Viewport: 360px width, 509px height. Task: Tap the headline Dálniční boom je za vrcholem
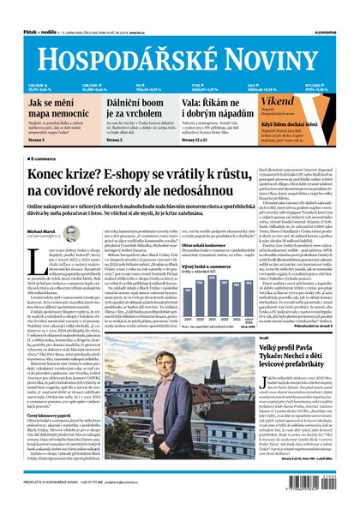coord(137,108)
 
